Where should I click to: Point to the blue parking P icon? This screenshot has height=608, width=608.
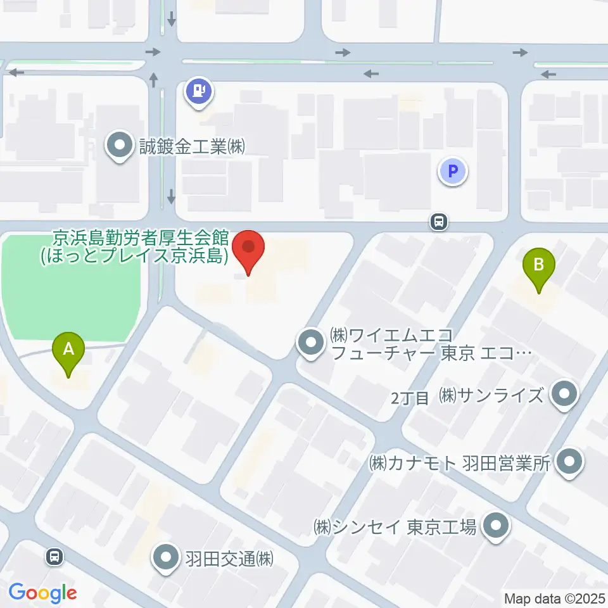(x=453, y=170)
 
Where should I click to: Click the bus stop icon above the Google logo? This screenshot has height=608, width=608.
(x=55, y=557)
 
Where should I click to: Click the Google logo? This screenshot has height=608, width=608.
(x=42, y=593)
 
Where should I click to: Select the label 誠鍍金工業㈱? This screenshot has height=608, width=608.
(x=192, y=148)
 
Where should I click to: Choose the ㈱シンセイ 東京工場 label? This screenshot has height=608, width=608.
(x=395, y=527)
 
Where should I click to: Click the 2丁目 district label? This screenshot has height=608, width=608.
(x=410, y=398)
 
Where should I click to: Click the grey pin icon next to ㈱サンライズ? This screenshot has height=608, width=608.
(x=562, y=396)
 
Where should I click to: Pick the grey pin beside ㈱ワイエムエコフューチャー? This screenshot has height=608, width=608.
(x=311, y=344)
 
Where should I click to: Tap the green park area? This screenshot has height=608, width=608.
(x=70, y=285)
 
